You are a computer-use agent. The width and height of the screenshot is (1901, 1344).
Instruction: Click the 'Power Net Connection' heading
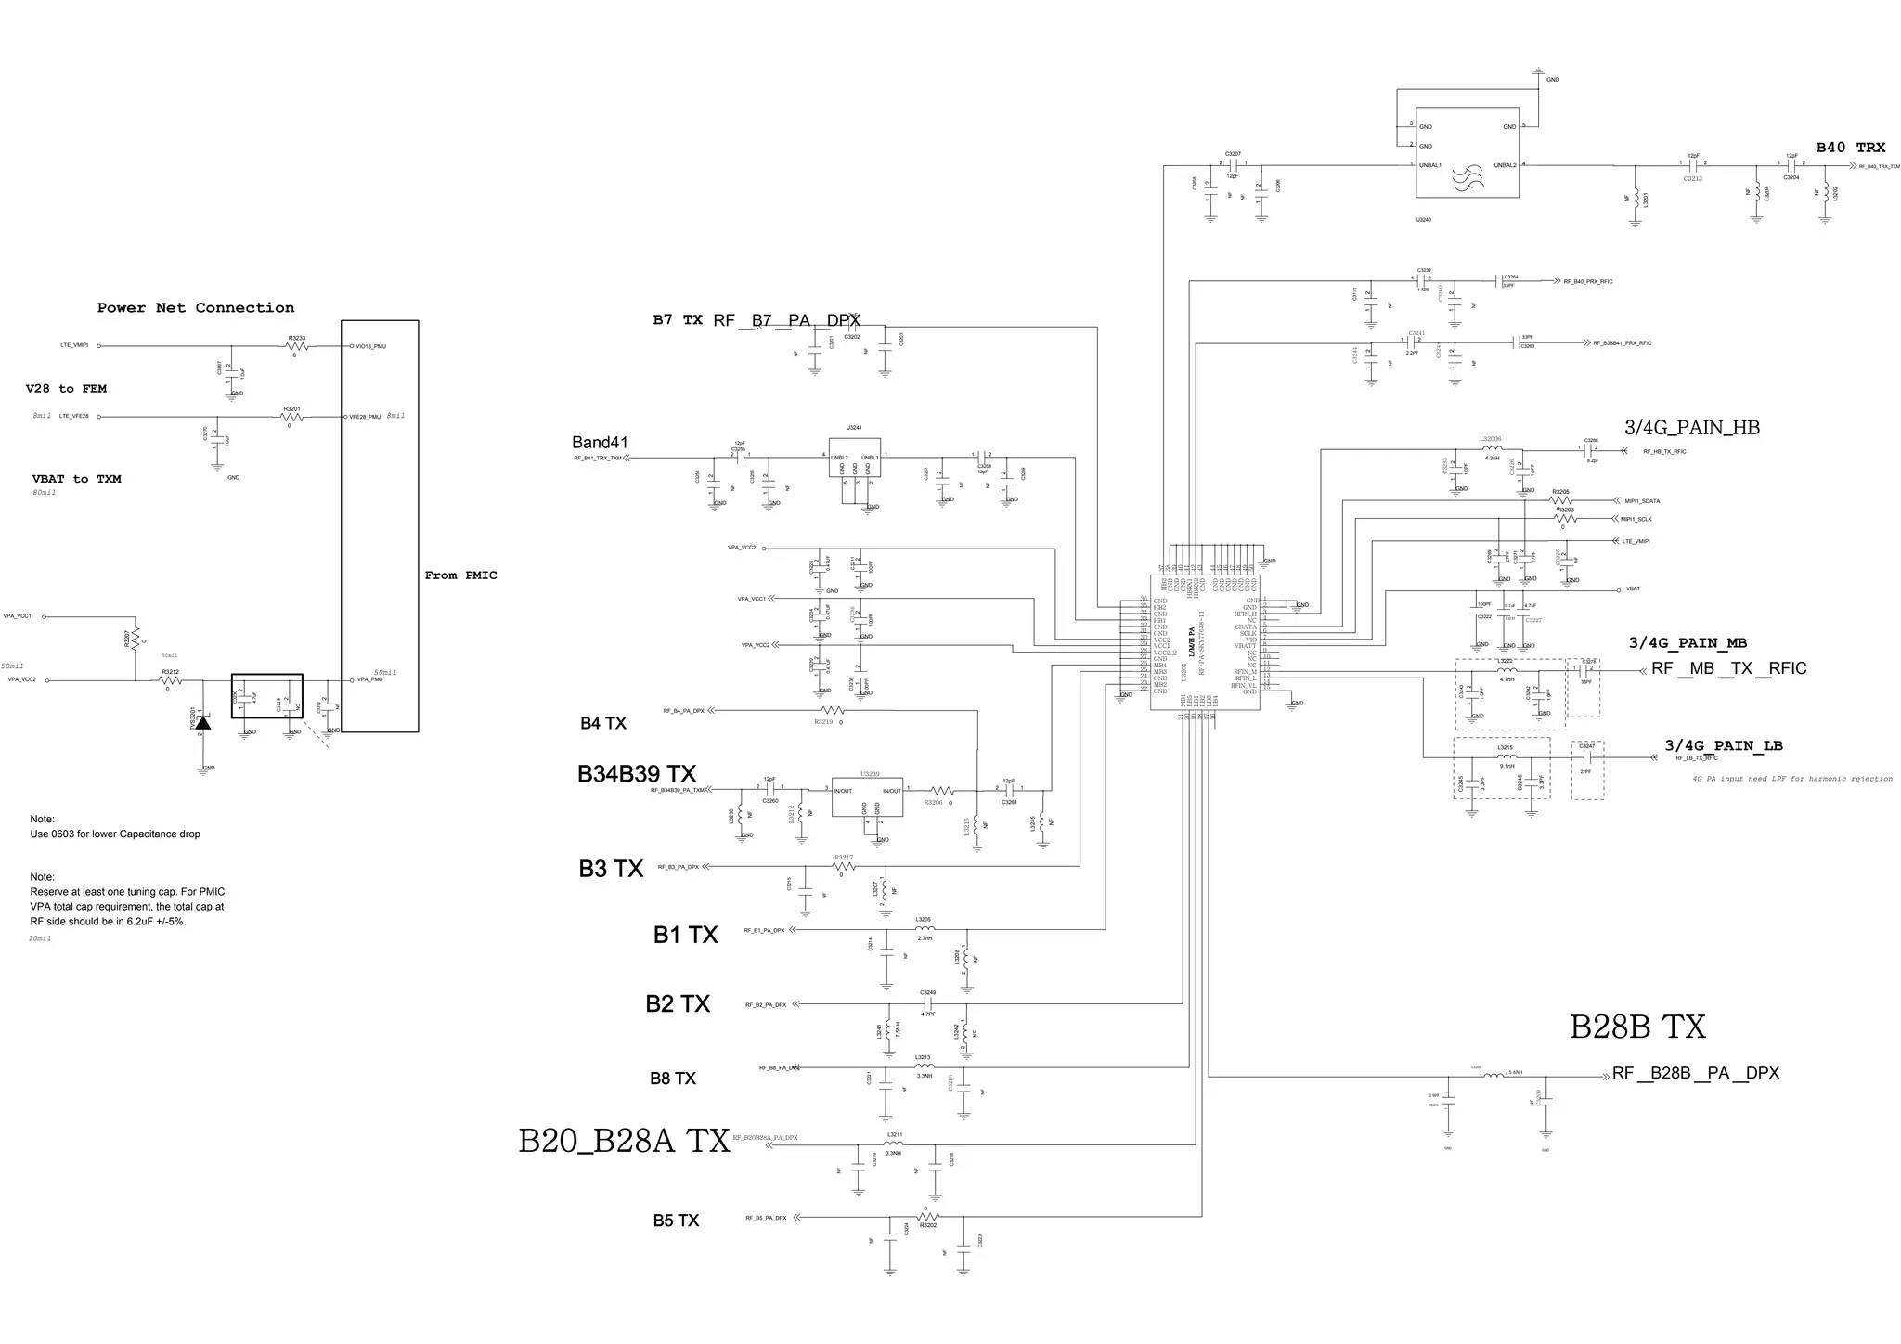coord(196,308)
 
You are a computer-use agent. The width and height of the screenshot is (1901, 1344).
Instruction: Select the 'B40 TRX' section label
coord(1850,148)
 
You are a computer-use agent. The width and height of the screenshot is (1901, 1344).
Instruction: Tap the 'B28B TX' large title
coord(1637,1027)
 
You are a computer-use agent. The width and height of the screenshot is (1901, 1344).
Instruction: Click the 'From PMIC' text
coord(460,575)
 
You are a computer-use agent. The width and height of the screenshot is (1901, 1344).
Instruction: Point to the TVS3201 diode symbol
coord(201,721)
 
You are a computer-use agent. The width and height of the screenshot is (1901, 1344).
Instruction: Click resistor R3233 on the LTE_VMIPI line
coord(296,346)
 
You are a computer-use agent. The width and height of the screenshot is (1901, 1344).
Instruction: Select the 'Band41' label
coord(600,443)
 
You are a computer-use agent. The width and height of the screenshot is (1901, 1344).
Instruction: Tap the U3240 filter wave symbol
coord(1468,178)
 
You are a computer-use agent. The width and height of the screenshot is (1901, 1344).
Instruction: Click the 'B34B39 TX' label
coord(636,774)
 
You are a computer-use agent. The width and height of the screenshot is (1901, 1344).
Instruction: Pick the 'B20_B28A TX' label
coord(624,1141)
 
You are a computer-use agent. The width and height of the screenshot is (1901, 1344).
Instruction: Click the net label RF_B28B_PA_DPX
coord(1696,1073)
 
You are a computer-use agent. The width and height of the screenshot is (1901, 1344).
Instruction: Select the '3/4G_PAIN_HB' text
coord(1691,428)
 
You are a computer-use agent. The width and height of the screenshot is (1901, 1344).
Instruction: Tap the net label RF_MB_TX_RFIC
coord(1728,669)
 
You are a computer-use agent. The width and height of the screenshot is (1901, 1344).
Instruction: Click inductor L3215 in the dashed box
coord(1507,757)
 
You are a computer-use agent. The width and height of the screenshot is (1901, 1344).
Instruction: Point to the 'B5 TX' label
coord(675,1221)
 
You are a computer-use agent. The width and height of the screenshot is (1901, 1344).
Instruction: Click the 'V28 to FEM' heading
coord(66,389)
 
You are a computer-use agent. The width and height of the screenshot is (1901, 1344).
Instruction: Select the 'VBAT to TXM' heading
coord(76,479)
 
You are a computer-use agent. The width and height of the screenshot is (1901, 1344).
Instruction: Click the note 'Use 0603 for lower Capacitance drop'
coord(115,834)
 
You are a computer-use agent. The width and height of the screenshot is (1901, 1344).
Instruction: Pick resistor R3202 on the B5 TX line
coord(928,1217)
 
